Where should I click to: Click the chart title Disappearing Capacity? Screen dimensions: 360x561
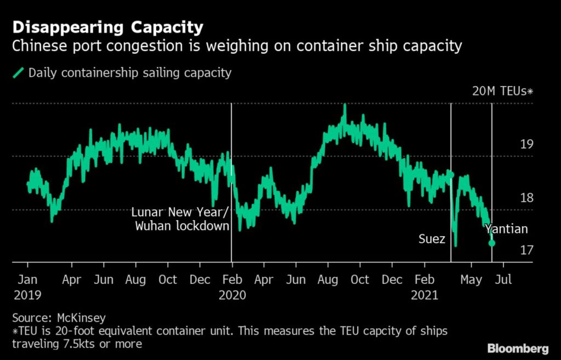click(x=108, y=27)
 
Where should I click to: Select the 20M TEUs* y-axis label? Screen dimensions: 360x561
click(x=502, y=91)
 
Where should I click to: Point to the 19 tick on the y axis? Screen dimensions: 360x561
click(x=526, y=145)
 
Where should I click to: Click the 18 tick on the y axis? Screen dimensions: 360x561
click(x=526, y=198)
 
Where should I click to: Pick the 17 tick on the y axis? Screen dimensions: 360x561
click(x=526, y=250)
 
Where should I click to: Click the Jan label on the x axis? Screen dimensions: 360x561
click(x=28, y=279)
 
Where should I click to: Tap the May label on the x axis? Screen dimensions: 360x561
click(x=471, y=279)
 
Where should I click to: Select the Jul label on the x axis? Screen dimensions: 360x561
click(x=503, y=279)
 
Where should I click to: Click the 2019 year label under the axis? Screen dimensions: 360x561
click(x=27, y=295)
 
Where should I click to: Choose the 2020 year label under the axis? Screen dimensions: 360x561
click(x=232, y=295)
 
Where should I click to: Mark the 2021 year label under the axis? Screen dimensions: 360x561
click(x=425, y=295)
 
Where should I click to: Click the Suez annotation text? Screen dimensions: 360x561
click(x=431, y=239)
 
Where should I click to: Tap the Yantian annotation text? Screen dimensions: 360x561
click(x=506, y=228)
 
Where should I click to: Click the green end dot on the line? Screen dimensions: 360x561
click(x=491, y=243)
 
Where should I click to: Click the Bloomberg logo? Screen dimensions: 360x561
click(x=517, y=348)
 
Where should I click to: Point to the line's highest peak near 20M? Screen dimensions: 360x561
click(x=345, y=106)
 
